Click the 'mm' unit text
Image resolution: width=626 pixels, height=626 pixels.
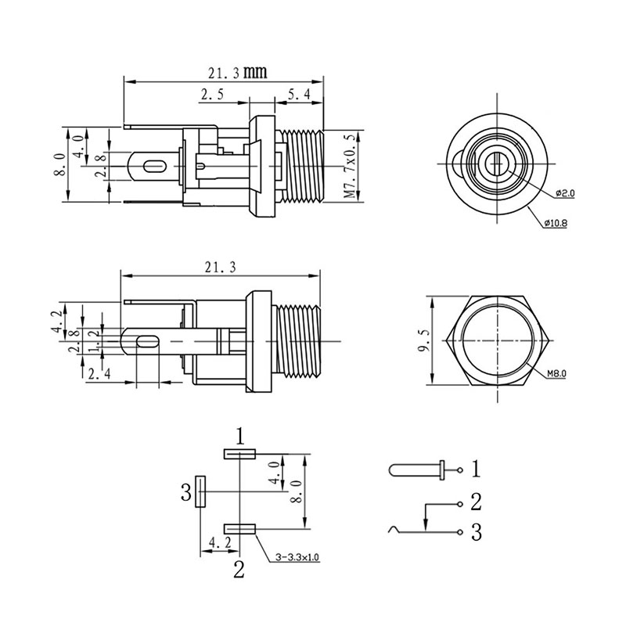(255, 73)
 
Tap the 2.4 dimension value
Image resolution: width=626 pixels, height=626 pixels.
(99, 376)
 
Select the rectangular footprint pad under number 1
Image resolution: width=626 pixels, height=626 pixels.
(239, 453)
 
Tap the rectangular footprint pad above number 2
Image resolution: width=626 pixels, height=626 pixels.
(239, 529)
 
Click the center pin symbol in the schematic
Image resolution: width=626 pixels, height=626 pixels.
(415, 470)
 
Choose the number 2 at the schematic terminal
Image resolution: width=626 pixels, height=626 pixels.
(475, 500)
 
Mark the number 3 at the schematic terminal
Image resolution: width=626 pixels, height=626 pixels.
(475, 533)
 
